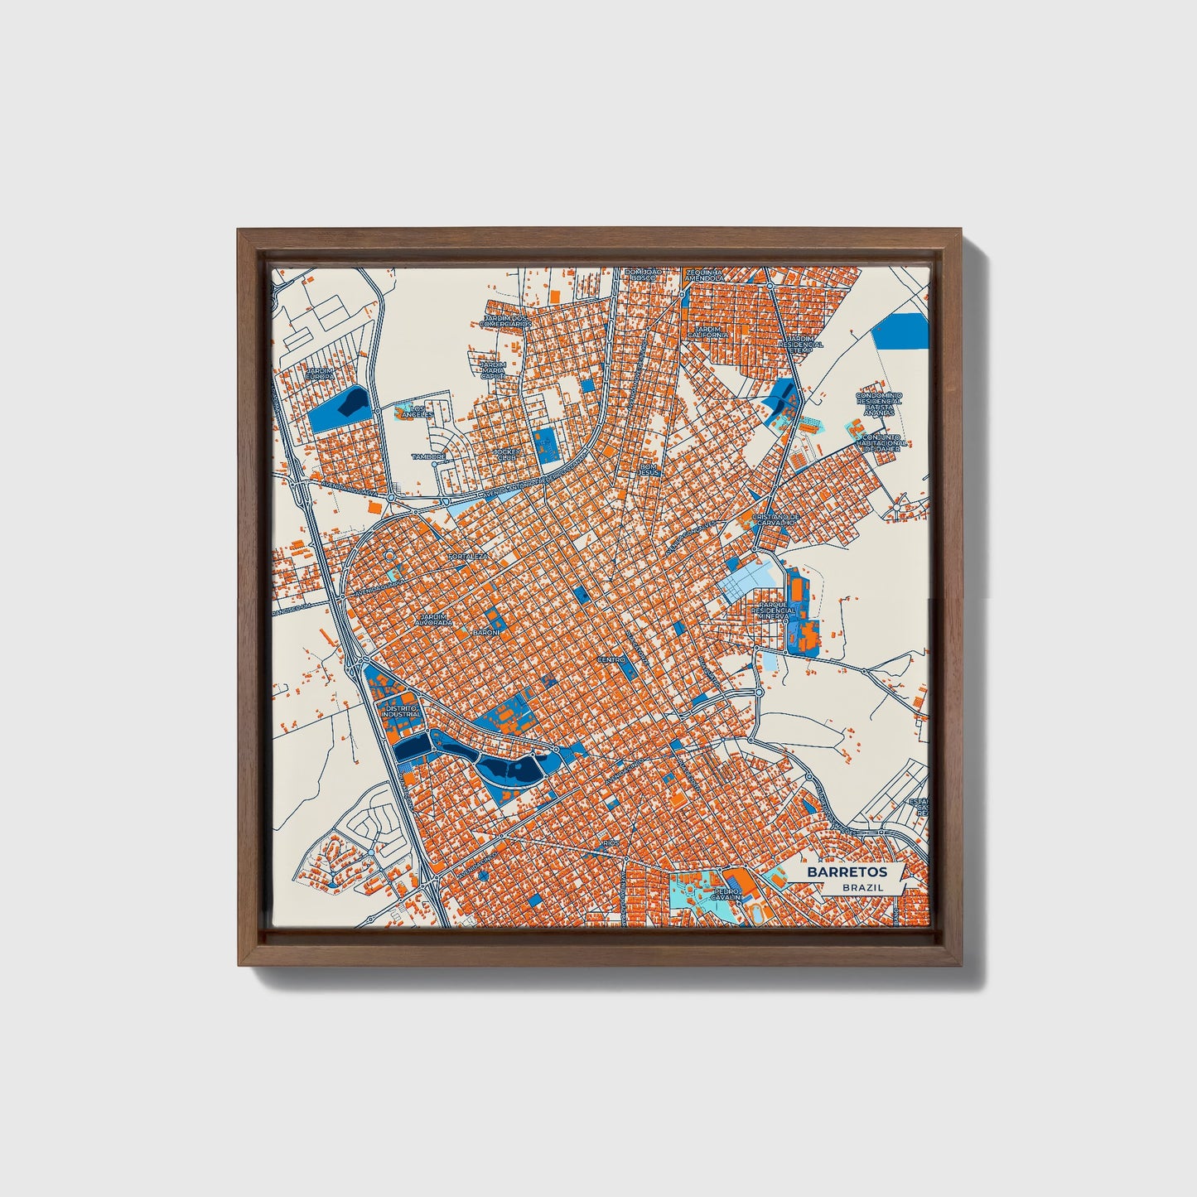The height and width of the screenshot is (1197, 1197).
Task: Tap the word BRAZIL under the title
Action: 862,887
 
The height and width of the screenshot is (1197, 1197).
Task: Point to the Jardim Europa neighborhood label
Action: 321,374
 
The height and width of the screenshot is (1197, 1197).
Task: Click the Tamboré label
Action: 428,456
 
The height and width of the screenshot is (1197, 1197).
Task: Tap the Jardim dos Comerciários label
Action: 506,321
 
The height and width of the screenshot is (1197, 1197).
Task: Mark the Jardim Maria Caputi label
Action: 493,369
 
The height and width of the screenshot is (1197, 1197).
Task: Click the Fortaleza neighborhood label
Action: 468,557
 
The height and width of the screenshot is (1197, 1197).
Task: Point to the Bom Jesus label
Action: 648,469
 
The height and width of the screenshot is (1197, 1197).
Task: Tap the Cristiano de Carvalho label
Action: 774,519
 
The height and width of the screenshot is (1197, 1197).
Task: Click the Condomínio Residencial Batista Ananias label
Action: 879,403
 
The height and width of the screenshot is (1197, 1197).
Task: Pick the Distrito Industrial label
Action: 401,711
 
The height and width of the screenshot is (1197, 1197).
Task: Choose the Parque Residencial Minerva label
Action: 775,611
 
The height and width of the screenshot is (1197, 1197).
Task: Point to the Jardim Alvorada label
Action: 434,619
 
